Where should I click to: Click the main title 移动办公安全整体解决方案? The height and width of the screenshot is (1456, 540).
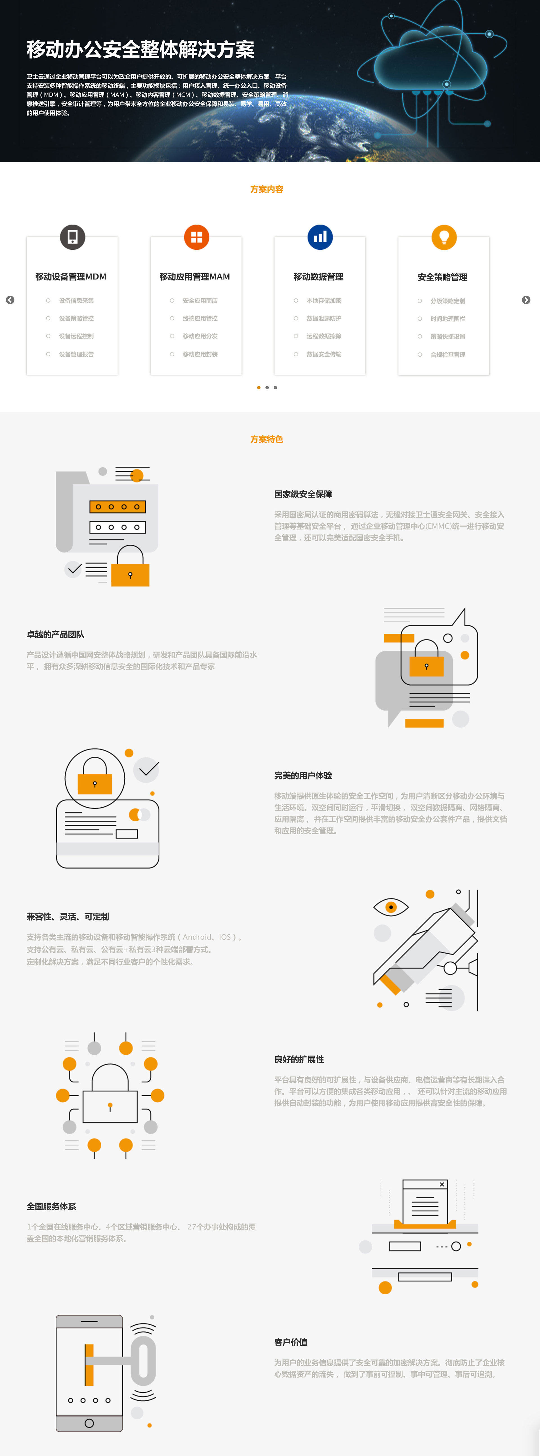(140, 50)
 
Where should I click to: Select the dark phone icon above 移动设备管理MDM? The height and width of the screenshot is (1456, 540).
(72, 237)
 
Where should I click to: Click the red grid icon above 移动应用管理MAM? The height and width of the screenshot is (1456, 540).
(196, 237)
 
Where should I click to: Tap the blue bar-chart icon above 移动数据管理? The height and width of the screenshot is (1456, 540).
(320, 237)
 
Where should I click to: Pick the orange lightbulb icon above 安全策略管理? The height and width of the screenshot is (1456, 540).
(444, 237)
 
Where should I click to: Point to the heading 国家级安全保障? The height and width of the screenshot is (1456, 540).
(303, 494)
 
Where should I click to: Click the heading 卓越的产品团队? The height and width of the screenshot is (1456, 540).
(55, 634)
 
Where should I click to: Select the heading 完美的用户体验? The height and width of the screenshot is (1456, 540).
(303, 776)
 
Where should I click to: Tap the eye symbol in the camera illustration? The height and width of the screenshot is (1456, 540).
(391, 907)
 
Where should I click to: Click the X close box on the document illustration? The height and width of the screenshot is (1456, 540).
(442, 1184)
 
